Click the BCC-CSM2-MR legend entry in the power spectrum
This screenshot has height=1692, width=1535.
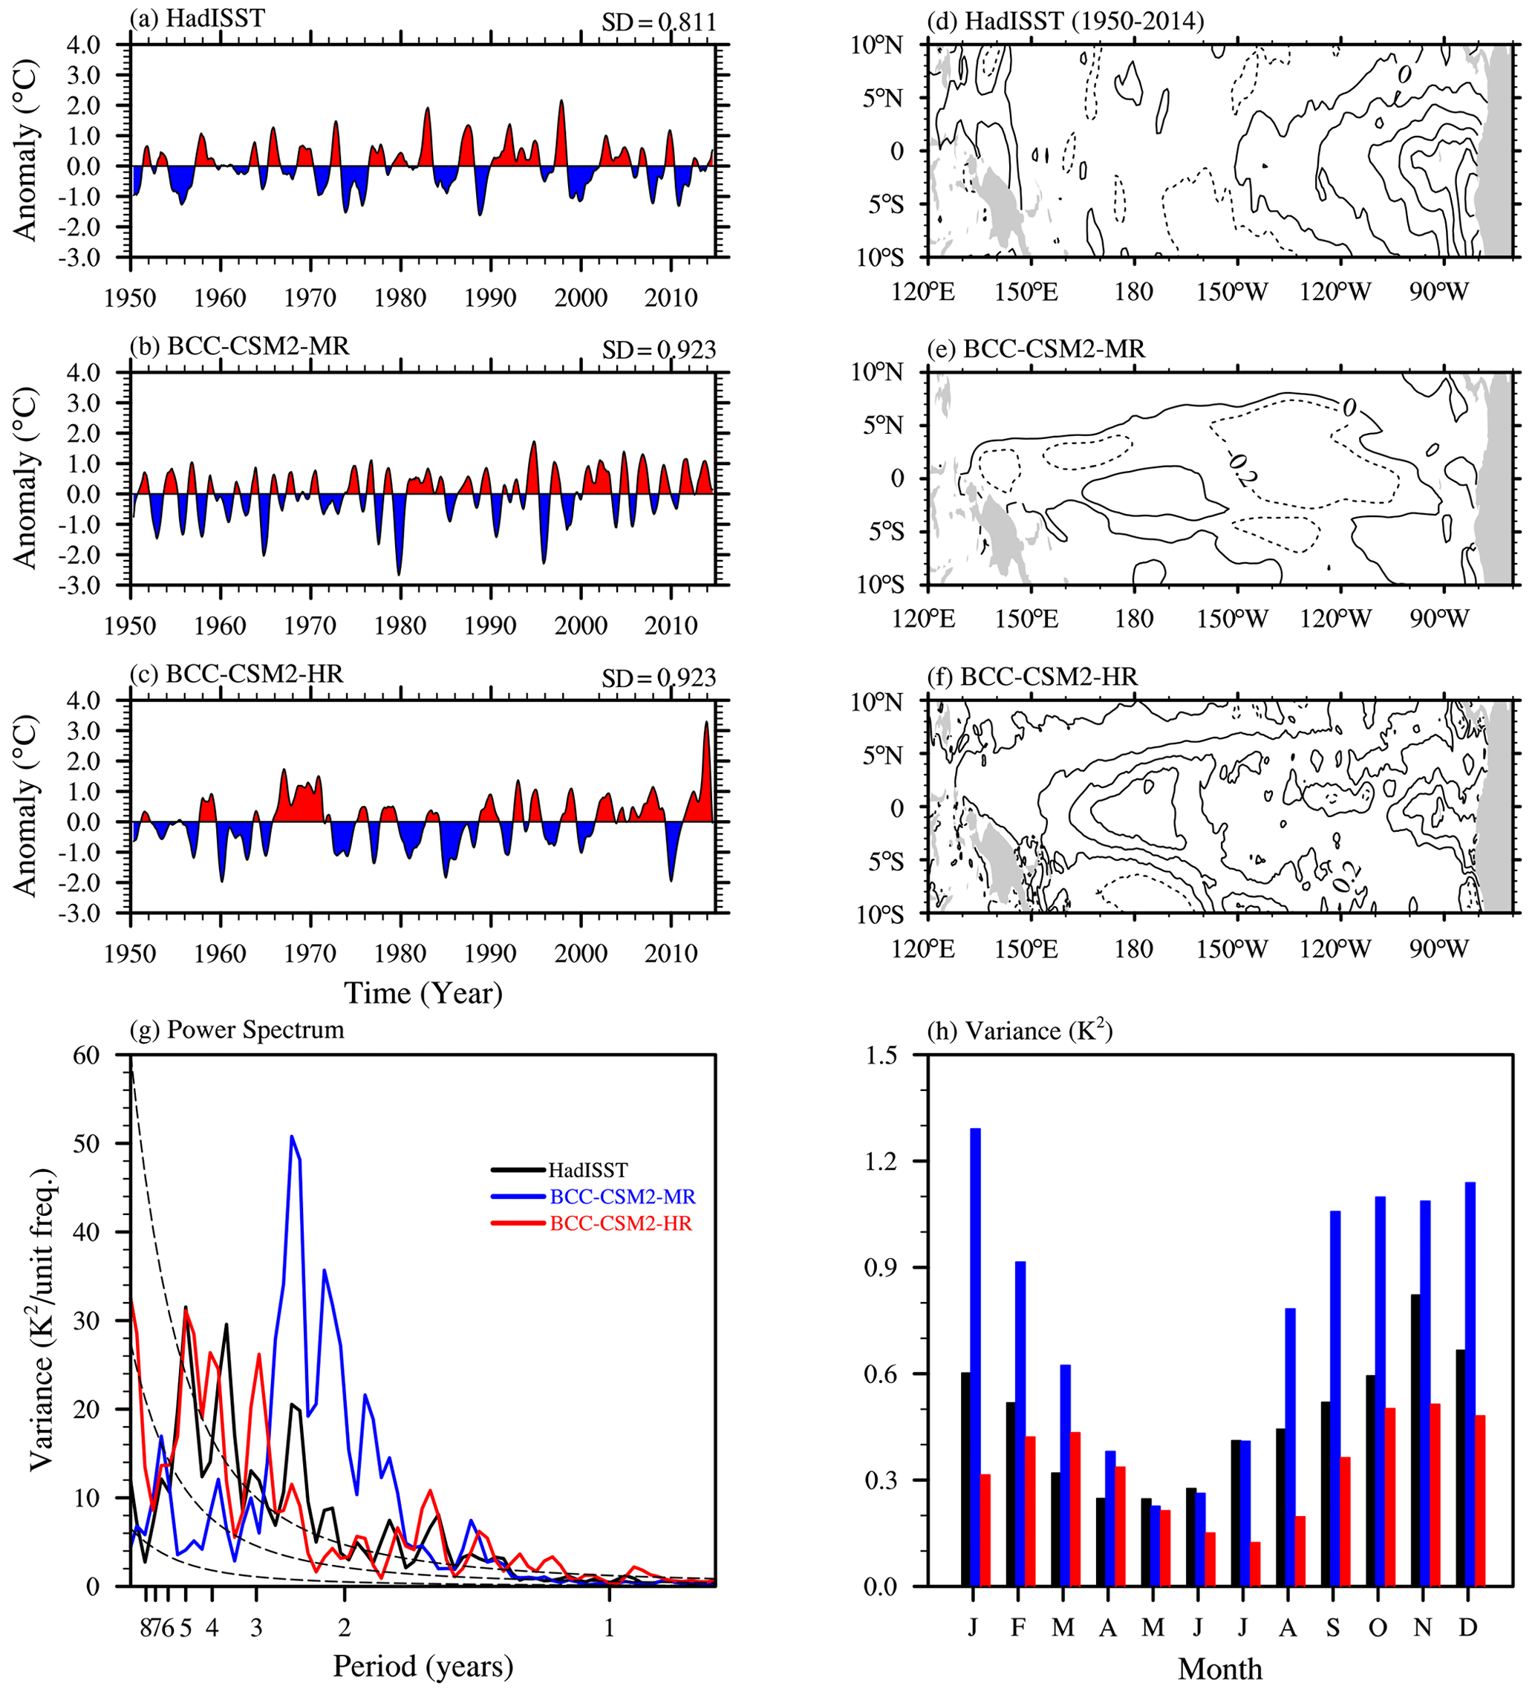[x=622, y=1196]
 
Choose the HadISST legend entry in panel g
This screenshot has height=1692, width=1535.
[x=587, y=1169]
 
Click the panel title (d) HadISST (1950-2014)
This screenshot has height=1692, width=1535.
[x=1065, y=20]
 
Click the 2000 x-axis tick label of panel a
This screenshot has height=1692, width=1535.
[x=581, y=297]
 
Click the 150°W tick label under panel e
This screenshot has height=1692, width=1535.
[x=1232, y=619]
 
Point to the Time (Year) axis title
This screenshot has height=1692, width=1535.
[x=423, y=992]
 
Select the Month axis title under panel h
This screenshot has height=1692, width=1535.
[x=1219, y=1668]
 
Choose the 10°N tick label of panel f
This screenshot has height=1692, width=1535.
[x=877, y=702]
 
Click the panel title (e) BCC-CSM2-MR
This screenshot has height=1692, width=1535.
[x=1036, y=348]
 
